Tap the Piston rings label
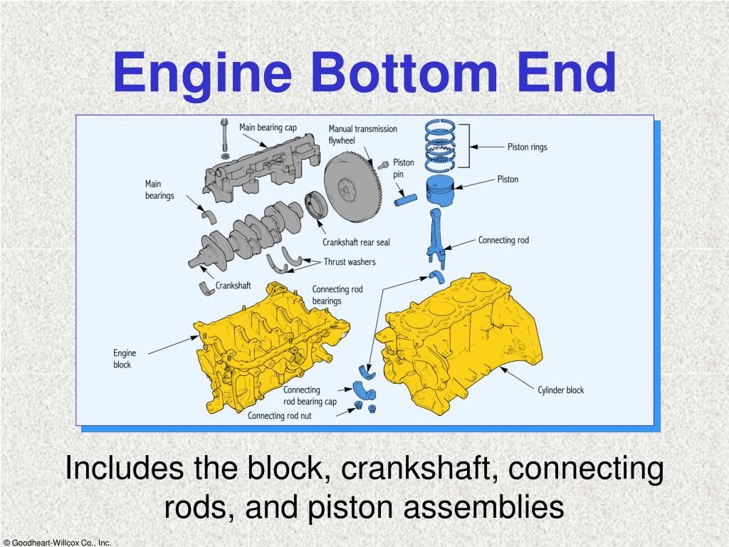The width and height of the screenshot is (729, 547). pos(527,147)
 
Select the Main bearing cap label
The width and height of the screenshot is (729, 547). pos(268,128)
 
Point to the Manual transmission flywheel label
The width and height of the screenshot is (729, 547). pos(362,135)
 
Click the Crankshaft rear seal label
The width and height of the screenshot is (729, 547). pos(356,242)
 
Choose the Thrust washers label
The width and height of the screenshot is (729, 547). pos(349,262)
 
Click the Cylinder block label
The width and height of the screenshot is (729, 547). pos(560,390)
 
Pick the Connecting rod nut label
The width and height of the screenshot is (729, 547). pos(280,416)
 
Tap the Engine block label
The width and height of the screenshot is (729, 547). pos(124,358)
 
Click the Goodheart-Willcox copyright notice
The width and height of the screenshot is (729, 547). pos(56,542)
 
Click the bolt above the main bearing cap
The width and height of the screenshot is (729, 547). pos(225,135)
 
